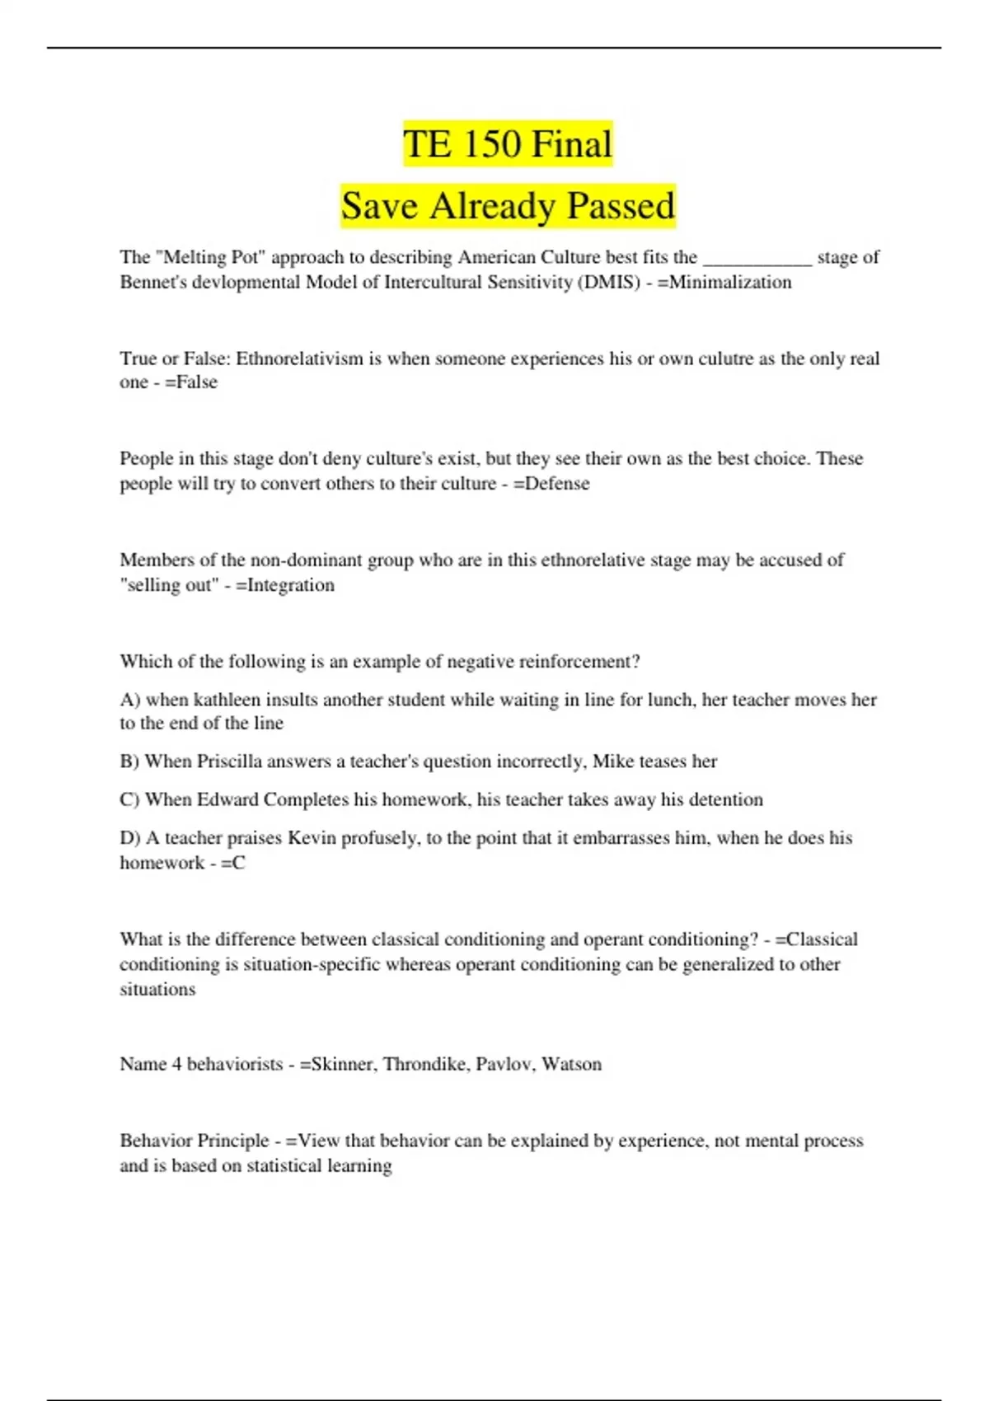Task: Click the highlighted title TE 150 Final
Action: [508, 144]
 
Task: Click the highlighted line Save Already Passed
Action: [508, 206]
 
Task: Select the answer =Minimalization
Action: [724, 283]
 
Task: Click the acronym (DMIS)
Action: [609, 283]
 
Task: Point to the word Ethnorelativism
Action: [299, 358]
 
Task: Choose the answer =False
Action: [191, 382]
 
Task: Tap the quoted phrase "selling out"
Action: [169, 585]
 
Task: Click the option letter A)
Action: [130, 700]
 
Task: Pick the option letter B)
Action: [129, 761]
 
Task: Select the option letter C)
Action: [129, 799]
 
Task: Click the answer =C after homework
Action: [233, 863]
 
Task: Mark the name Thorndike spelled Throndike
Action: [425, 1064]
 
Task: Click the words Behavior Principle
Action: [195, 1141]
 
